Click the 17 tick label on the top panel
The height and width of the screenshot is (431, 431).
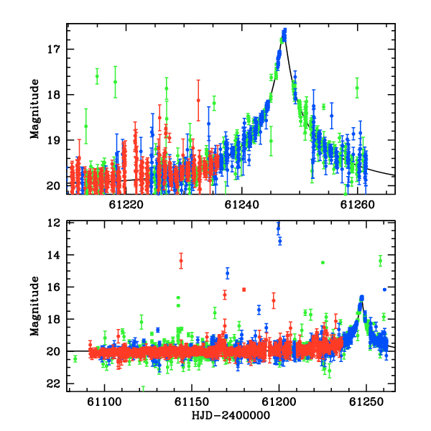pos(53,50)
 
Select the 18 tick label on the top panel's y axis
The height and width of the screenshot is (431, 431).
pos(53,95)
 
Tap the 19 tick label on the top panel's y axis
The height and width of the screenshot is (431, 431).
pos(53,140)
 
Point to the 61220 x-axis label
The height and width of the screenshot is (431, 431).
pos(126,205)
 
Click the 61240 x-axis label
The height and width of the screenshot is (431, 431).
pos(242,205)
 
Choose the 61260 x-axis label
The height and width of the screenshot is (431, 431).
pos(357,205)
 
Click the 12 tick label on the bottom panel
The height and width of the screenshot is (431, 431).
pos(53,223)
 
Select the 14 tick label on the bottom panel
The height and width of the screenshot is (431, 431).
pos(53,255)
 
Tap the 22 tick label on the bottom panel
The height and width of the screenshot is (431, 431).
pos(53,384)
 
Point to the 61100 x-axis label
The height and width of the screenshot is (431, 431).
pos(104,402)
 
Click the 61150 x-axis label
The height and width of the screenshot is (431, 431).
pos(192,402)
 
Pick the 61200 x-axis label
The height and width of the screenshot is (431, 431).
pos(279,402)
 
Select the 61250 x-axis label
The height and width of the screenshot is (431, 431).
pos(366,402)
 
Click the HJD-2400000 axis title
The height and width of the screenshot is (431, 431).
pos(231,415)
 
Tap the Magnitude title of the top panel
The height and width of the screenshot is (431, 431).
pos(35,109)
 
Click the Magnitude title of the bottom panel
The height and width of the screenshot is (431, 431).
pos(35,306)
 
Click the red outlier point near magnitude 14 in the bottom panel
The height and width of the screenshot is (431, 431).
pos(181,261)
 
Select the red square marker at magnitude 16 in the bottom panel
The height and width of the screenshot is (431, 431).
pos(244,289)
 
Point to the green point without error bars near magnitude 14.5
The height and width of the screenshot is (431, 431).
pos(323,262)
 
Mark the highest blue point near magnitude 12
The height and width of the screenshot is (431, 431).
pos(278,228)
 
